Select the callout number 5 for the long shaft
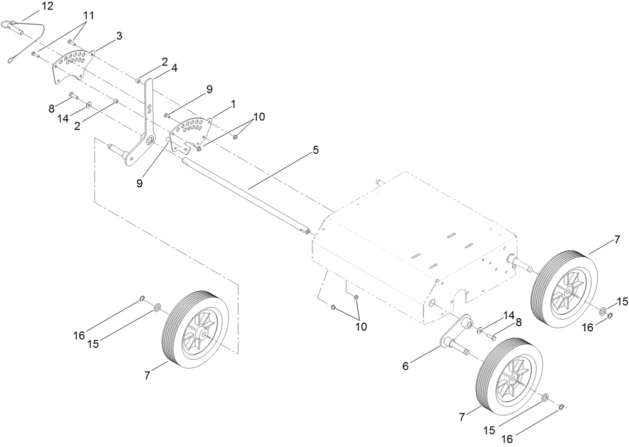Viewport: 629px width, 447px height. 315,149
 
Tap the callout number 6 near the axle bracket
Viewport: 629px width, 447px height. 405,366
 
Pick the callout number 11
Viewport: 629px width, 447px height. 88,15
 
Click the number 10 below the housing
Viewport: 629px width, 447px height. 360,327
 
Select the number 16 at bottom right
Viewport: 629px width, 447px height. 507,439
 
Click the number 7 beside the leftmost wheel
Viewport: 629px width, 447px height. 147,376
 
